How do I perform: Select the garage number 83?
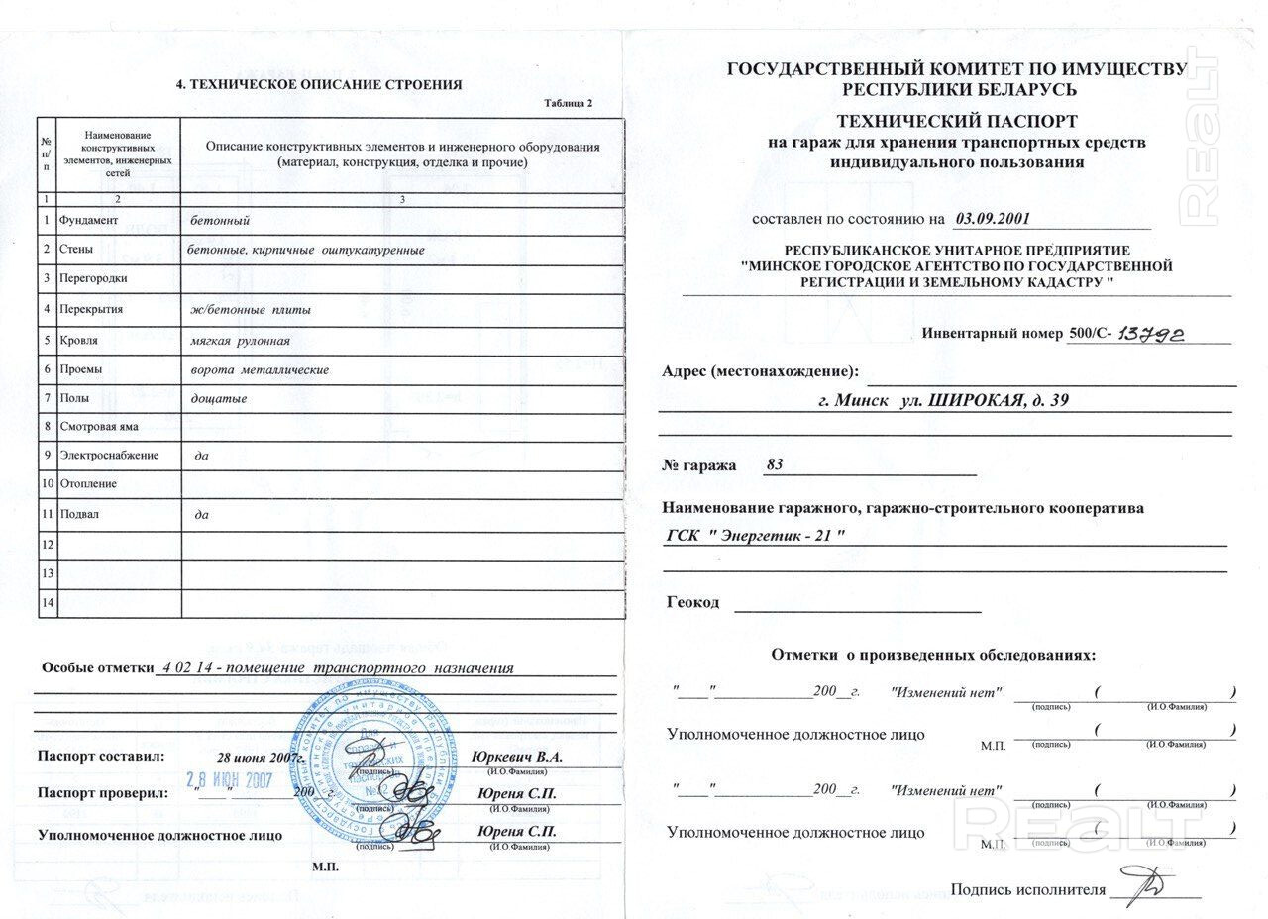pyautogui.click(x=775, y=465)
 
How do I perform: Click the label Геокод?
pyautogui.click(x=693, y=602)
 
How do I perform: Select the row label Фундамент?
pyautogui.click(x=89, y=220)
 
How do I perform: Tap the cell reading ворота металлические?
pyautogui.click(x=260, y=369)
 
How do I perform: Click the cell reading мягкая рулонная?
pyautogui.click(x=240, y=340)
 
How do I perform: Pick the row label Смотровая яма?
pyautogui.click(x=99, y=427)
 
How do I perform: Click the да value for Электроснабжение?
pyautogui.click(x=202, y=457)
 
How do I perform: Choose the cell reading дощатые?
pyautogui.click(x=219, y=398)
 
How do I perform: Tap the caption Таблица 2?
pyautogui.click(x=569, y=104)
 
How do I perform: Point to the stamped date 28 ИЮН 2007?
pyautogui.click(x=230, y=779)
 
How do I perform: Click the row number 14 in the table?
pyautogui.click(x=47, y=602)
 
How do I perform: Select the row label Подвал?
pyautogui.click(x=79, y=515)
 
